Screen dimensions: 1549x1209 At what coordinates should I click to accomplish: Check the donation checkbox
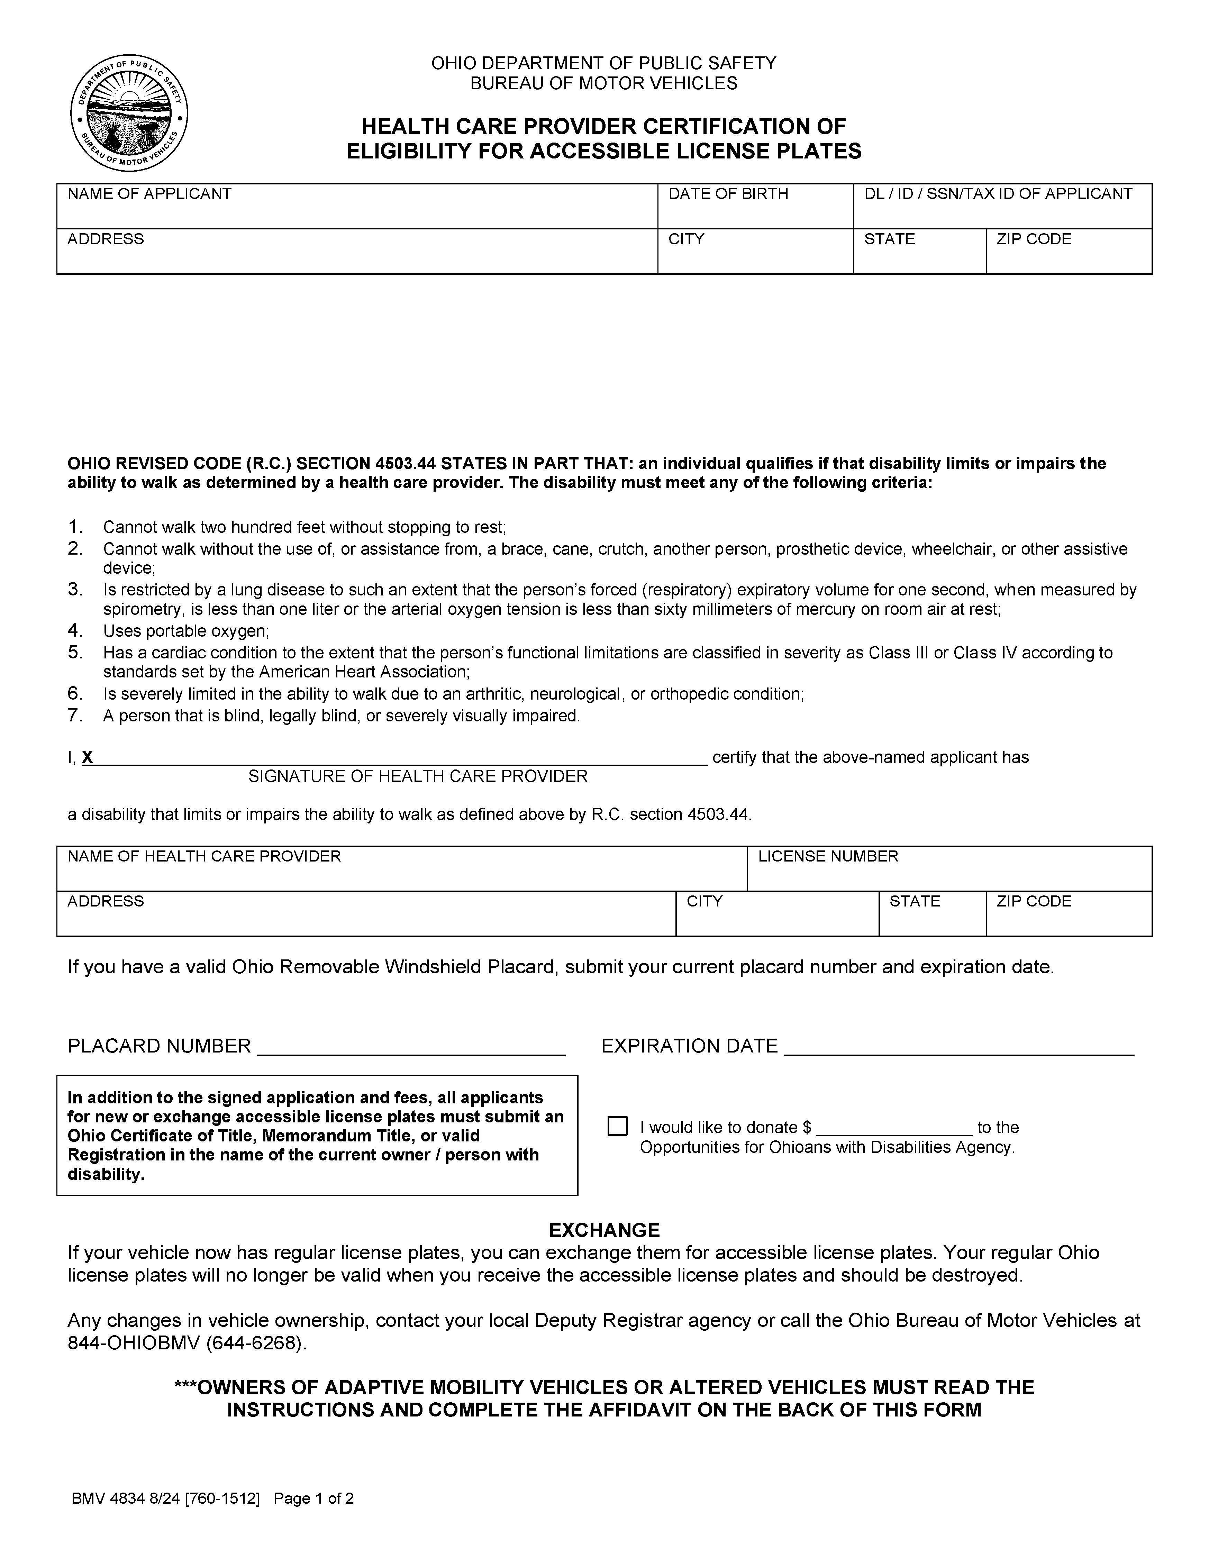tap(617, 1126)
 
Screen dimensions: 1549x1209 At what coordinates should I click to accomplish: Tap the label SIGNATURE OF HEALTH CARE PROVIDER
tap(418, 777)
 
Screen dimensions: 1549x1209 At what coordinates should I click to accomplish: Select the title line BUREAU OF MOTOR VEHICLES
tap(604, 84)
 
